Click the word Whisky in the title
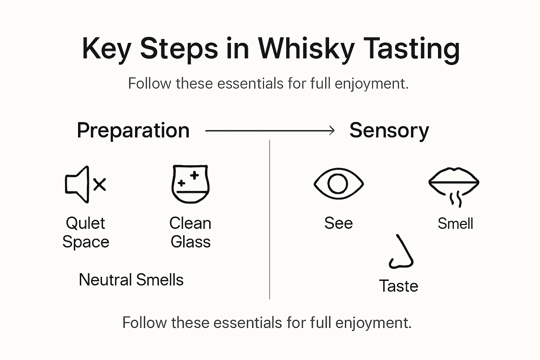pyautogui.click(x=306, y=49)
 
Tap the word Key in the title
pyautogui.click(x=106, y=49)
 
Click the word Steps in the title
pyautogui.click(x=179, y=49)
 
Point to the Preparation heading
pyautogui.click(x=133, y=131)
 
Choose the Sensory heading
pyautogui.click(x=389, y=131)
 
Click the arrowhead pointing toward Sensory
pyautogui.click(x=331, y=131)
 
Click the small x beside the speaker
pyautogui.click(x=99, y=184)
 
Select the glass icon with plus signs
pyautogui.click(x=190, y=184)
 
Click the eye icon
pyautogui.click(x=338, y=184)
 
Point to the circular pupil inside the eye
pyautogui.click(x=338, y=184)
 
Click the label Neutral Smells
pyautogui.click(x=131, y=280)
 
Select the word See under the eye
pyautogui.click(x=338, y=223)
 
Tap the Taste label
pyautogui.click(x=399, y=286)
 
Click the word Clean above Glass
pyautogui.click(x=190, y=223)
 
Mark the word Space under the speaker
pyautogui.click(x=86, y=242)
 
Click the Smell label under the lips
pyautogui.click(x=455, y=224)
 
